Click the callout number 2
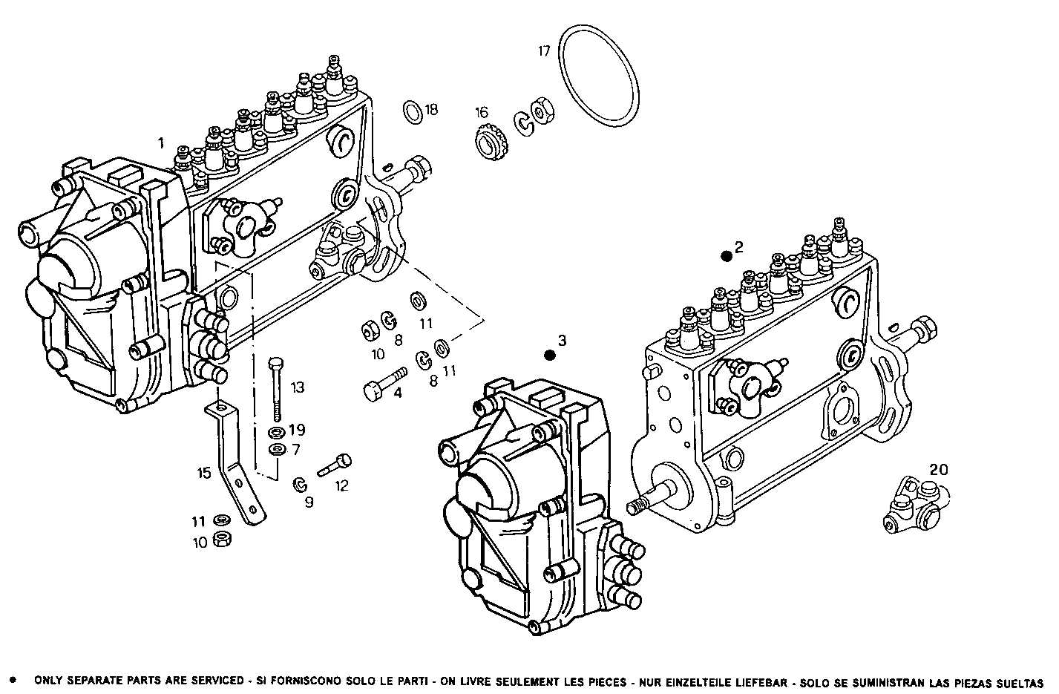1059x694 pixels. tap(738, 247)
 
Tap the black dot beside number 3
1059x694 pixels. tap(549, 356)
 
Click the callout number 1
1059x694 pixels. tap(160, 141)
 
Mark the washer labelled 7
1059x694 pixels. tap(277, 450)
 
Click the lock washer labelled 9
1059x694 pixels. tap(301, 485)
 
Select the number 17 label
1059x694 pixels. tap(545, 51)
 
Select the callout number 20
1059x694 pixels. tap(938, 469)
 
